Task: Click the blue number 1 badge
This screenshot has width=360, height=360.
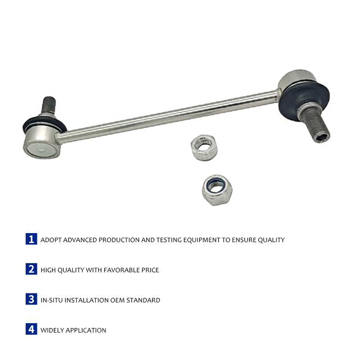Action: tap(31, 239)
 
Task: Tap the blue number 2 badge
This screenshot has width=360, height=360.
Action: tap(31, 269)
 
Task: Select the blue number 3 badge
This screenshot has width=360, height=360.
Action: tap(31, 299)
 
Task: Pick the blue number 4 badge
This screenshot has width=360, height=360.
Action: tap(31, 329)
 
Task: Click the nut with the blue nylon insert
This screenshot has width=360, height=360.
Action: tap(217, 190)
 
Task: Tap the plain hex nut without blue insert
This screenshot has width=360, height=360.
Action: tap(204, 148)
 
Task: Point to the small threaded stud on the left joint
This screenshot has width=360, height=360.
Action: tap(49, 105)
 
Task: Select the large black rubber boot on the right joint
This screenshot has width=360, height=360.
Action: tap(304, 101)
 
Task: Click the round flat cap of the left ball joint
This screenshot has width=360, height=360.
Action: tap(41, 150)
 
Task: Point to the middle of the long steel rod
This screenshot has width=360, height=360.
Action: tap(169, 116)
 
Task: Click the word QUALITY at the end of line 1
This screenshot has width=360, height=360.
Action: tap(271, 240)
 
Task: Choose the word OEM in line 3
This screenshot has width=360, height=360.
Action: tap(117, 300)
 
